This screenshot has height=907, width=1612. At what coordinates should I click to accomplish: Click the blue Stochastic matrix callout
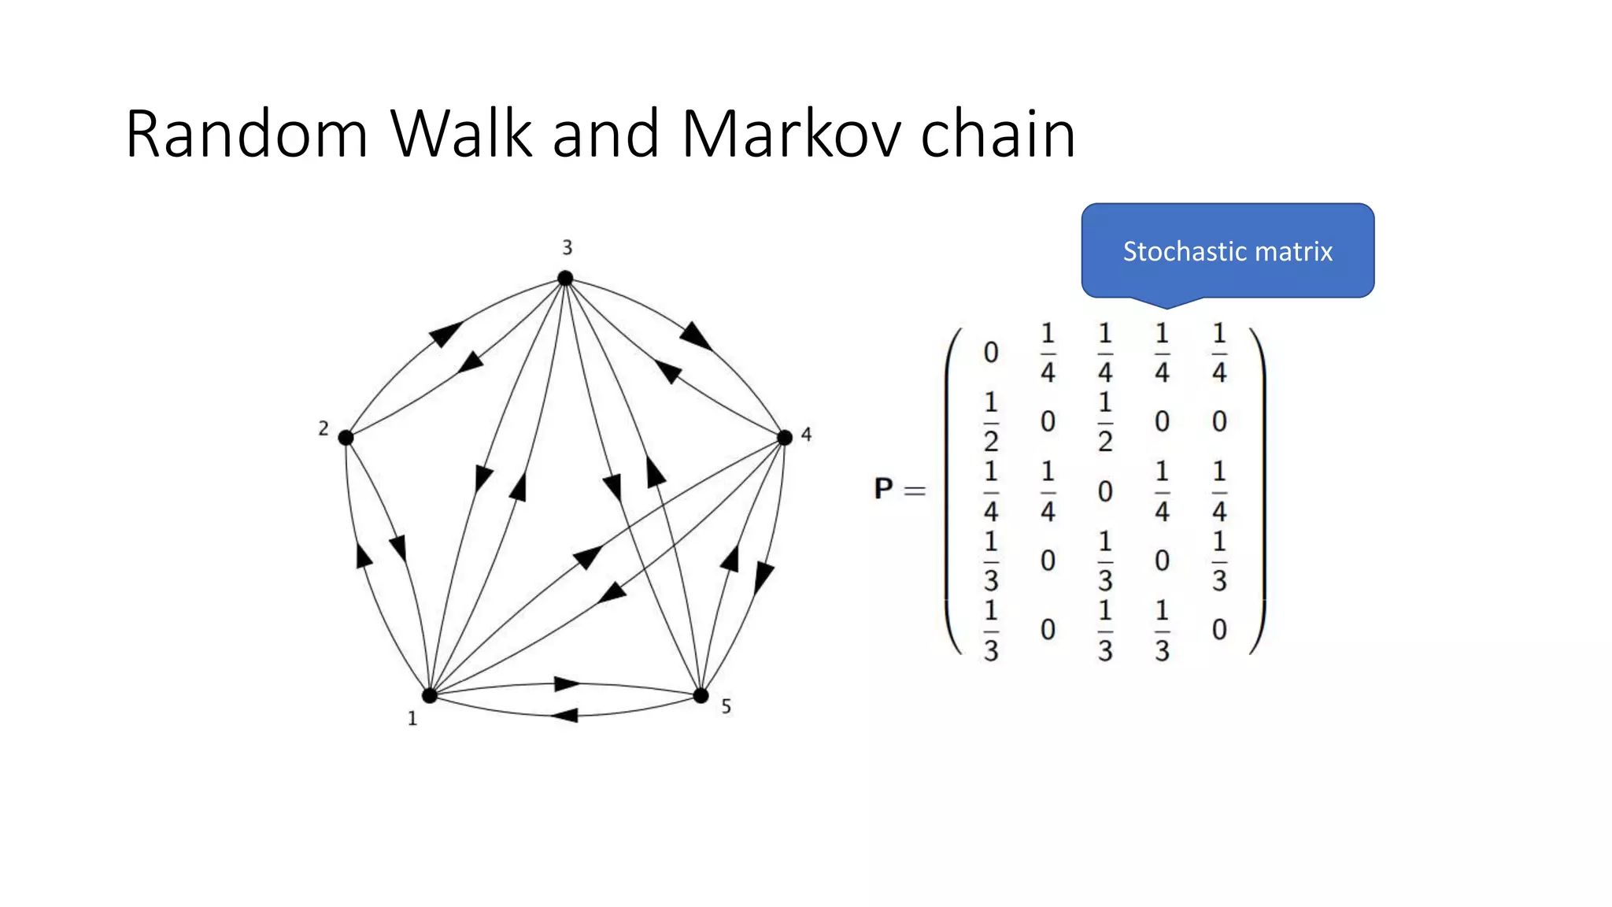tap(1227, 251)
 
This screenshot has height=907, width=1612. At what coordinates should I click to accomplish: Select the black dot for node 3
tap(565, 278)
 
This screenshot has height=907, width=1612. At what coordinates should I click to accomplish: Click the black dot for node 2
tap(346, 438)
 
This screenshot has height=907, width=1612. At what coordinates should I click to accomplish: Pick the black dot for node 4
tap(784, 438)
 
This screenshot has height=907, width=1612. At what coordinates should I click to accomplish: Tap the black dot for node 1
tap(430, 695)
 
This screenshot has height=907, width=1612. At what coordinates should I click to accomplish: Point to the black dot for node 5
tap(701, 695)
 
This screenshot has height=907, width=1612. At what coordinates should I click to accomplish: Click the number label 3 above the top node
tap(567, 248)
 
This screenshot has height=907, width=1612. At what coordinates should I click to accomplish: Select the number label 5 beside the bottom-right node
tap(726, 707)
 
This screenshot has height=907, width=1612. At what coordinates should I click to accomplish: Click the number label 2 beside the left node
tap(324, 428)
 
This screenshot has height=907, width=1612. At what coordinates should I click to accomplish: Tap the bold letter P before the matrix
tap(883, 489)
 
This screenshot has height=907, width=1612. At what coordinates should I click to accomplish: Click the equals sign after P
tap(915, 491)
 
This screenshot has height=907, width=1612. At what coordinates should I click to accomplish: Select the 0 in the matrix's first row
tap(991, 353)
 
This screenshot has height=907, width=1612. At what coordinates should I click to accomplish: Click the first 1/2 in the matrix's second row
tap(991, 422)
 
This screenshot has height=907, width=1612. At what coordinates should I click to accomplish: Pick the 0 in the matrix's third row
tap(1105, 492)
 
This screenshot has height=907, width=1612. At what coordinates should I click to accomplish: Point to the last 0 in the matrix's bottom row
tap(1219, 630)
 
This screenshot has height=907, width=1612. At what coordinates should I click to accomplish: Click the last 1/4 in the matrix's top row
tap(1219, 353)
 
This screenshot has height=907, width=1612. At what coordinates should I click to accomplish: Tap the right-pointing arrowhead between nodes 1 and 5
tap(567, 683)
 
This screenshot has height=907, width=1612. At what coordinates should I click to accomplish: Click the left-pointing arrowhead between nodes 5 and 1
tap(565, 715)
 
